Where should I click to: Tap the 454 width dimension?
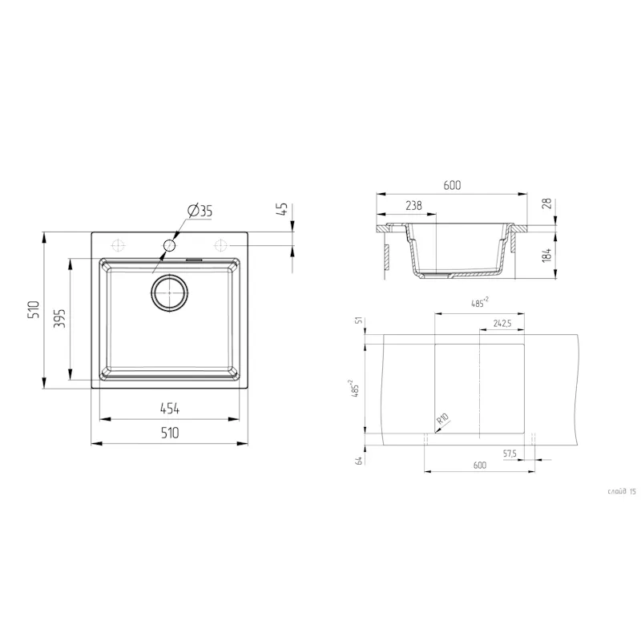(x=169, y=409)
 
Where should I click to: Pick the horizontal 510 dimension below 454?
(x=169, y=433)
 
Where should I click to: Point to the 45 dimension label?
(x=282, y=210)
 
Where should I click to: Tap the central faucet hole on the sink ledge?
(x=170, y=244)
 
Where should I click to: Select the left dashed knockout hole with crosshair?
(x=118, y=244)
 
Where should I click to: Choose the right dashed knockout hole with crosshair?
(x=220, y=244)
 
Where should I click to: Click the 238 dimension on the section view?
(x=413, y=206)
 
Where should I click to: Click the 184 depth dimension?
(x=547, y=255)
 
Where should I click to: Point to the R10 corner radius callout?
(x=441, y=419)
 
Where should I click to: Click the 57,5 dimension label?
(x=509, y=454)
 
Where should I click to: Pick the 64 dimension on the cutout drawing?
(x=359, y=459)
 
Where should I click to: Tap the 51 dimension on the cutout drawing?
(x=359, y=321)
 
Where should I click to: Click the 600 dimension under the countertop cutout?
(x=479, y=465)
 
